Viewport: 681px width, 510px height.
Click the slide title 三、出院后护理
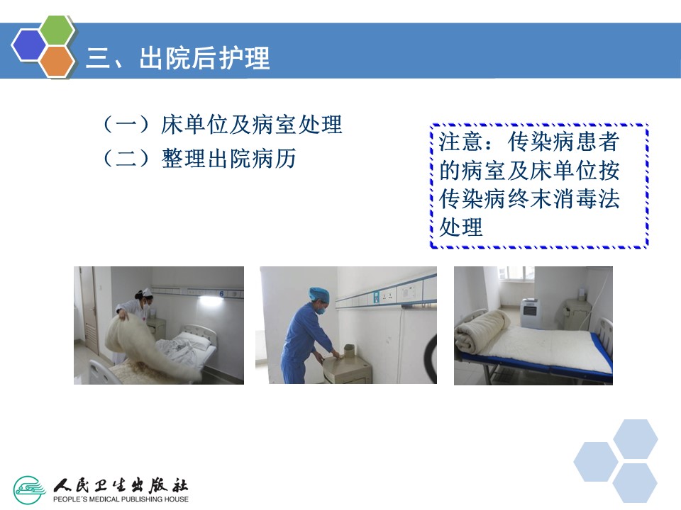pos(178,57)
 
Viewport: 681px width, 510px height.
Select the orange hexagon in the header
pos(57,61)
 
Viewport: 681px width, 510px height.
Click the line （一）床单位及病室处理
pos(222,125)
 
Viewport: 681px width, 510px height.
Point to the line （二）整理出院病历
pos(199,158)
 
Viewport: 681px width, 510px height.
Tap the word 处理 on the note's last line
pos(461,227)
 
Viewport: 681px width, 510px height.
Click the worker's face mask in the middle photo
pos(321,310)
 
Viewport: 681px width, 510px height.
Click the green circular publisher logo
pos(29,490)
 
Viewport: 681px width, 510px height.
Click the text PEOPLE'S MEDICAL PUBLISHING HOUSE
pos(121,499)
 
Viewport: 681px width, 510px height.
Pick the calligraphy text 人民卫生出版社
pos(121,484)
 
